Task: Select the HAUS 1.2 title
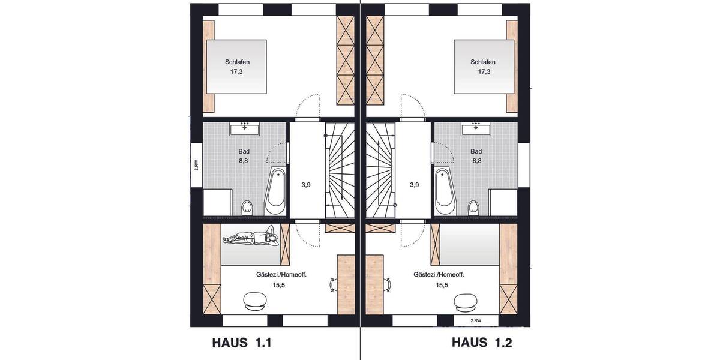click(x=482, y=343)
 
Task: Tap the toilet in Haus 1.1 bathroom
click(x=247, y=208)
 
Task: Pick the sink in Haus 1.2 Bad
click(x=476, y=128)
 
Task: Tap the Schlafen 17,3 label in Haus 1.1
click(x=238, y=67)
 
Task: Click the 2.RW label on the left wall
click(x=196, y=165)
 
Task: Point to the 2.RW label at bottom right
click(x=475, y=321)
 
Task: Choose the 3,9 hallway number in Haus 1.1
click(x=306, y=185)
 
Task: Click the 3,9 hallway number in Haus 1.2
click(x=414, y=185)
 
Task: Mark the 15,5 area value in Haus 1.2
click(x=443, y=286)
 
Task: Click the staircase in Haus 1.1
click(x=340, y=171)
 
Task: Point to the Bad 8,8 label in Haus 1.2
click(x=476, y=156)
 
